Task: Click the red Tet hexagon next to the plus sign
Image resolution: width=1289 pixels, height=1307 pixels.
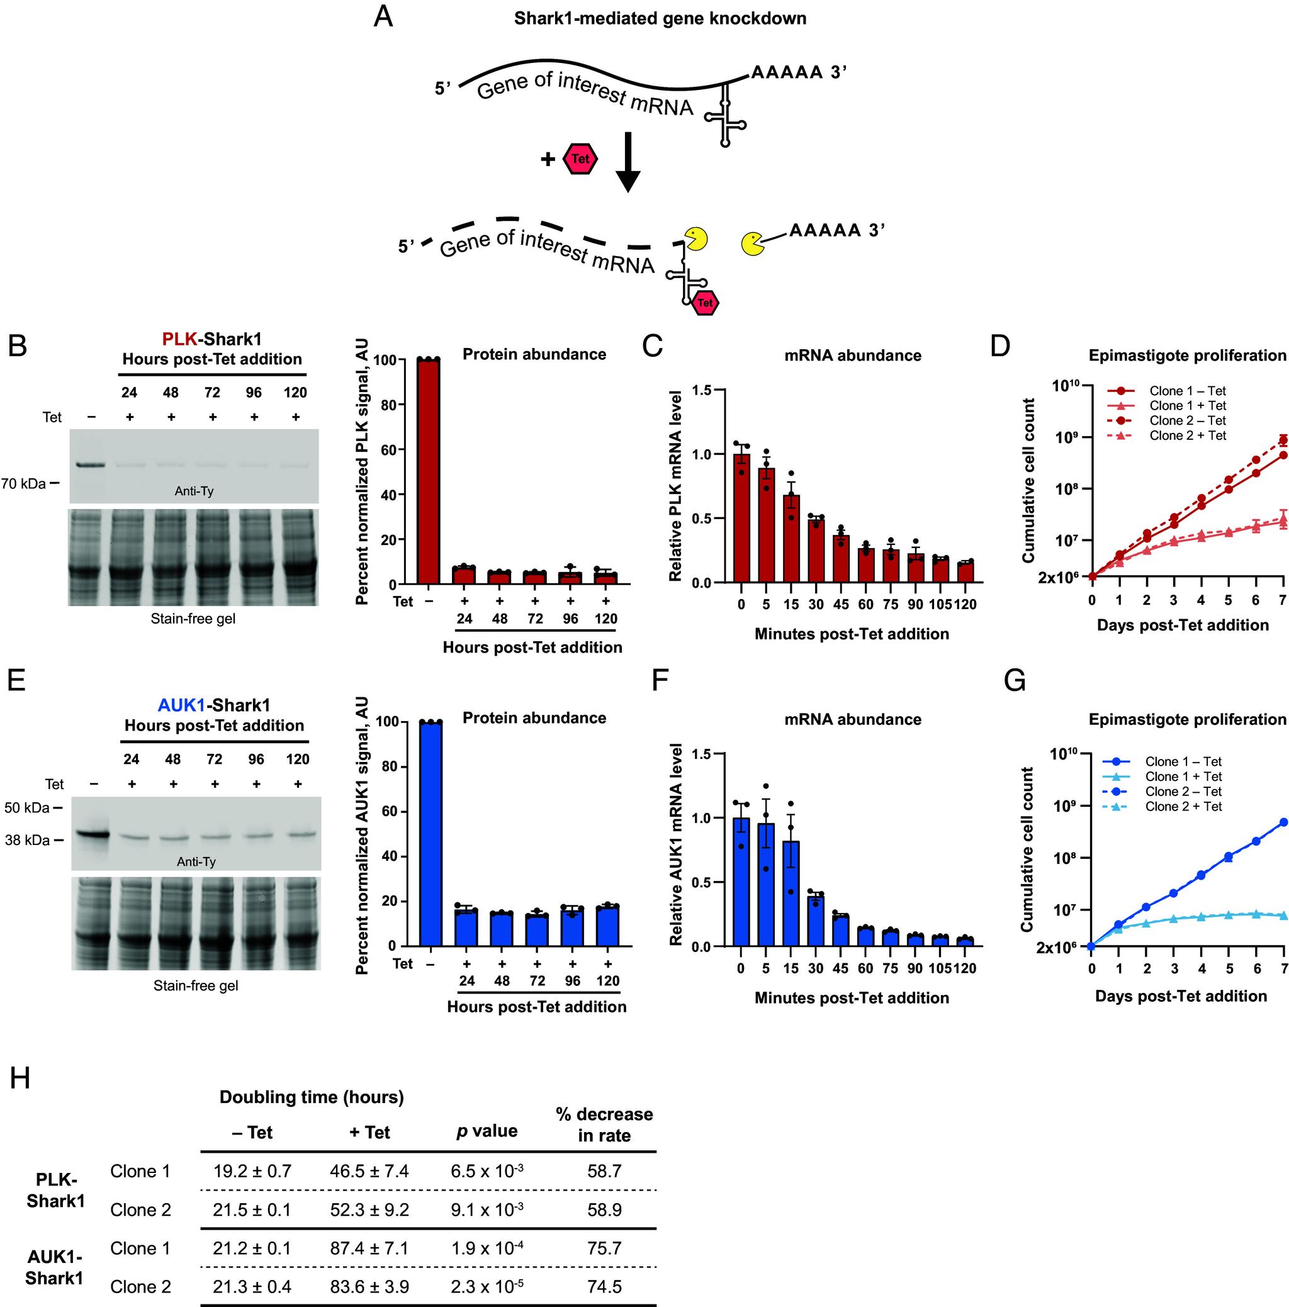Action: (580, 159)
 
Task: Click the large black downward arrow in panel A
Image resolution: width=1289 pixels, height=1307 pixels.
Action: (628, 162)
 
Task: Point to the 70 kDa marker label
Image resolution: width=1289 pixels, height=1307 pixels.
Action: (24, 484)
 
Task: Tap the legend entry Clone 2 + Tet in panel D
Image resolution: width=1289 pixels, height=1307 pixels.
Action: (1188, 435)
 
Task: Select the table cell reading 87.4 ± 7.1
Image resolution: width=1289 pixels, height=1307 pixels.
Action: (369, 1248)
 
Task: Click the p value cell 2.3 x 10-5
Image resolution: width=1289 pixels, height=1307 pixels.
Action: (487, 1287)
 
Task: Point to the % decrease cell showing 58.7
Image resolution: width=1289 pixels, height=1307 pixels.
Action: (604, 1171)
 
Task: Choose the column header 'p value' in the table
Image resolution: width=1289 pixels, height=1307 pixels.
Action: (487, 1131)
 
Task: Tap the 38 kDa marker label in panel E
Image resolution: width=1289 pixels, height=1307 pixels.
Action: (27, 840)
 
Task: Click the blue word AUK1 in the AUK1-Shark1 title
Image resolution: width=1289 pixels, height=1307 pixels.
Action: (181, 705)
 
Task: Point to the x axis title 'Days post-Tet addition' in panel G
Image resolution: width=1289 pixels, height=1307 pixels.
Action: (1181, 996)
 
